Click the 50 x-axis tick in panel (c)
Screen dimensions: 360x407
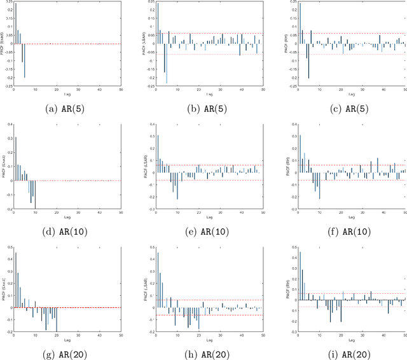click(404, 90)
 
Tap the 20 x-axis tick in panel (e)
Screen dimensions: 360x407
click(198, 211)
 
